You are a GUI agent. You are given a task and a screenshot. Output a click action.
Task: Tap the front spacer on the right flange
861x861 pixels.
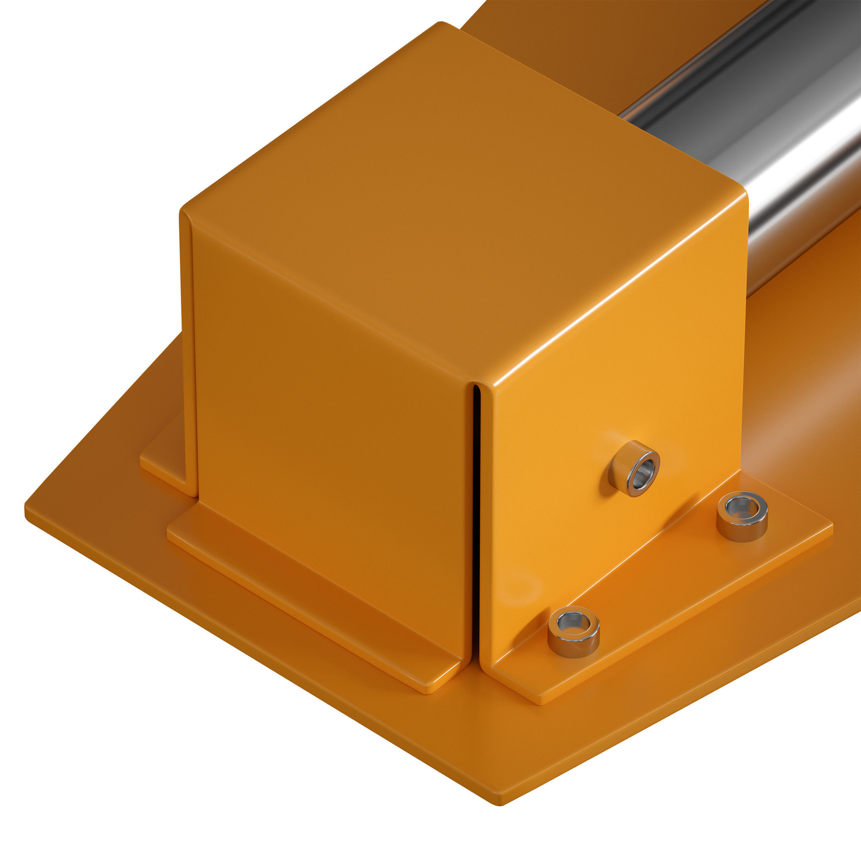[573, 632]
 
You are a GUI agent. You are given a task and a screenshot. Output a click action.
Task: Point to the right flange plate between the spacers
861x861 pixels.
[660, 579]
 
